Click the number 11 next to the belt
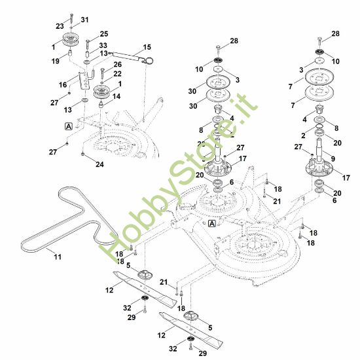pyautogui.click(x=58, y=257)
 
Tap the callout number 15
pyautogui.click(x=147, y=47)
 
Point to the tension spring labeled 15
pyautogui.click(x=131, y=57)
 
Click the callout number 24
pyautogui.click(x=99, y=164)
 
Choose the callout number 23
pyautogui.click(x=60, y=26)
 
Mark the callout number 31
pyautogui.click(x=84, y=20)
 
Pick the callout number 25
pyautogui.click(x=104, y=34)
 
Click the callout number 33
pyautogui.click(x=103, y=45)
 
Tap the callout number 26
pyautogui.click(x=117, y=65)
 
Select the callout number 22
pyautogui.click(x=117, y=74)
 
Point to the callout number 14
pyautogui.click(x=117, y=96)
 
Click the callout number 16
pyautogui.click(x=63, y=85)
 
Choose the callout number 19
pyautogui.click(x=56, y=61)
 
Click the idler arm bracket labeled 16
pyautogui.click(x=84, y=81)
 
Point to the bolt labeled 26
pyautogui.click(x=102, y=73)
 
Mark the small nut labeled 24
pyautogui.click(x=82, y=154)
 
